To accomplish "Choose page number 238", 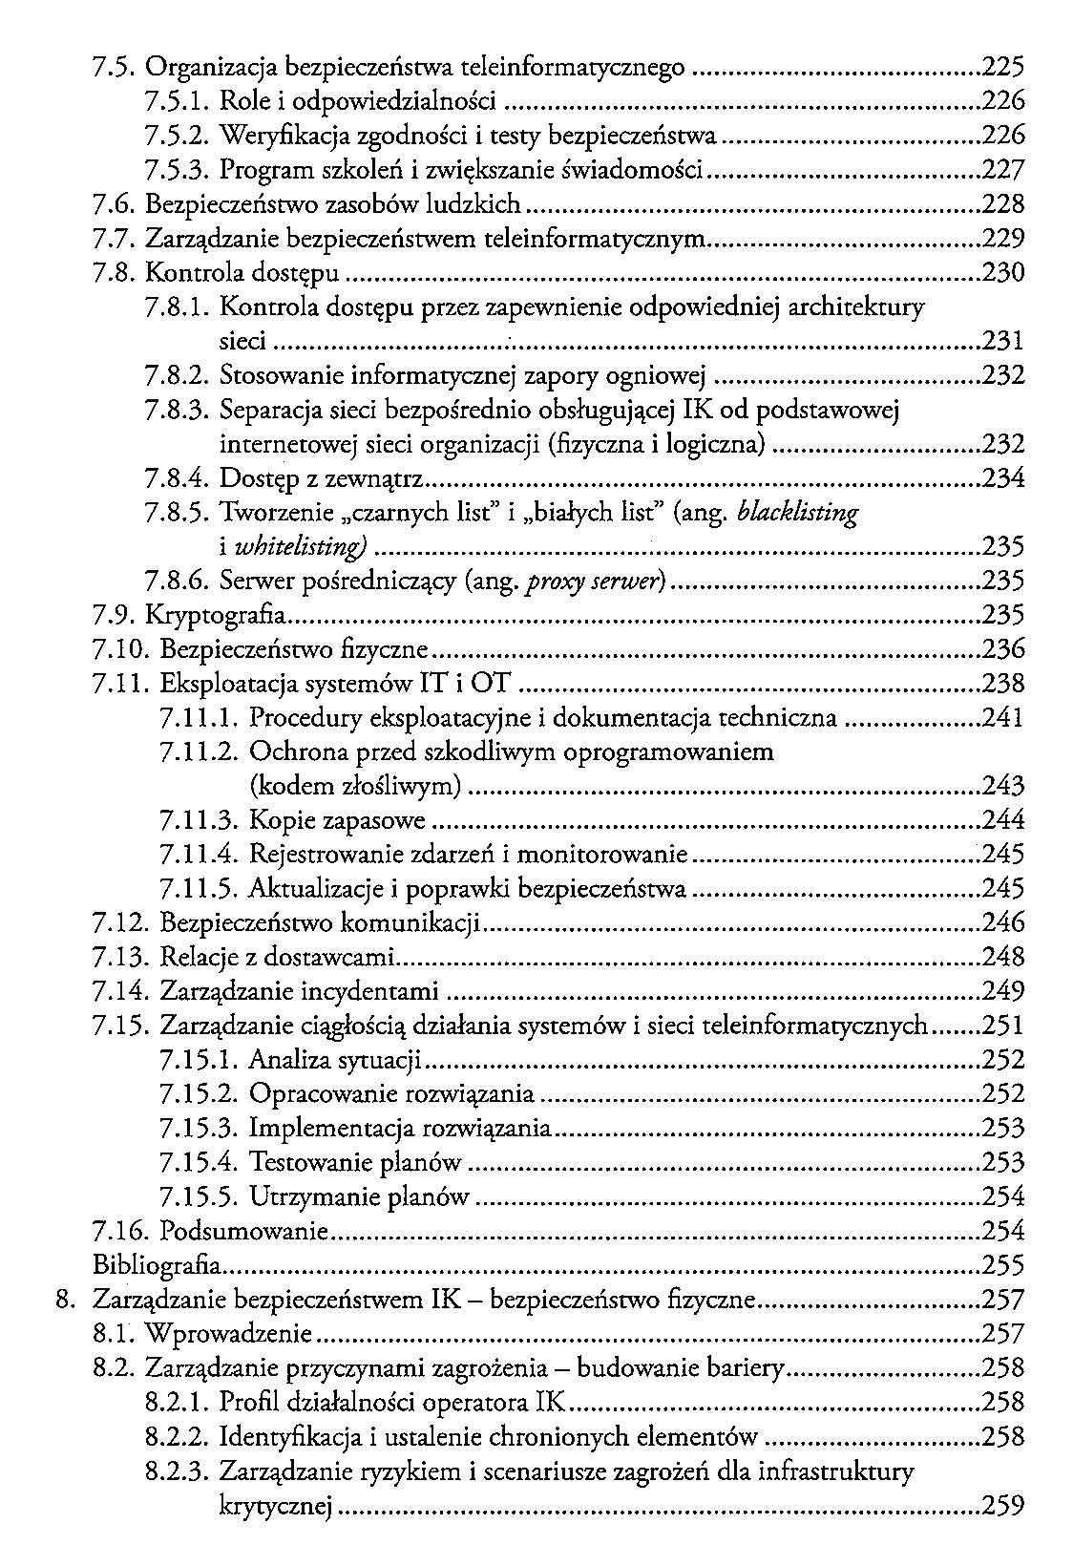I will pos(1003,684).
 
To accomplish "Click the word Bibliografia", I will pos(158,1266).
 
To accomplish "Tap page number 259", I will pos(1003,1507).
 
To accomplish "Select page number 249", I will pos(1003,991).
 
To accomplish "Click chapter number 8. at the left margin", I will pos(65,1300).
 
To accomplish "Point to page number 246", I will pos(1003,923).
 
